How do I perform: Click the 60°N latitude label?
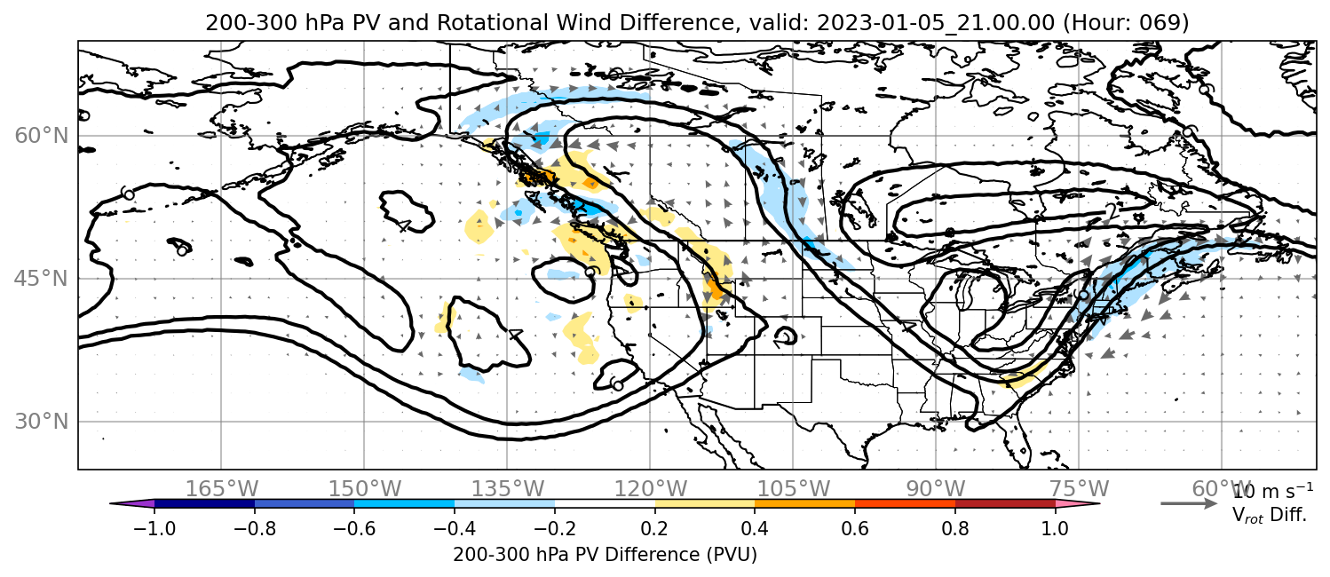pyautogui.click(x=42, y=136)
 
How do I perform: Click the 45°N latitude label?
pyautogui.click(x=42, y=279)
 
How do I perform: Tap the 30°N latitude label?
pyautogui.click(x=42, y=422)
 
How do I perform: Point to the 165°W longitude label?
pyautogui.click(x=221, y=489)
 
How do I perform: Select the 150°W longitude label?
pyautogui.click(x=365, y=489)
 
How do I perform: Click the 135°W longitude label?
pyautogui.click(x=508, y=489)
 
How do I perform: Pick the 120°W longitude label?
pyautogui.click(x=650, y=489)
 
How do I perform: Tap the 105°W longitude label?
pyautogui.click(x=793, y=489)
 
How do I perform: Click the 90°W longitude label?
pyautogui.click(x=936, y=489)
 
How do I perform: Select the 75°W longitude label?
pyautogui.click(x=1079, y=489)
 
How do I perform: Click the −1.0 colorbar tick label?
pyautogui.click(x=154, y=528)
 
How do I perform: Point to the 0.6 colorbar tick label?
pyautogui.click(x=855, y=528)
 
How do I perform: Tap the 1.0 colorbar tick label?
pyautogui.click(x=1055, y=528)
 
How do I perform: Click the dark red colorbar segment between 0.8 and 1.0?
pyautogui.click(x=1005, y=503)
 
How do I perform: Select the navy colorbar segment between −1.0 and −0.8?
pyautogui.click(x=204, y=503)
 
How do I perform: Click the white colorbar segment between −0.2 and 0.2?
pyautogui.click(x=605, y=503)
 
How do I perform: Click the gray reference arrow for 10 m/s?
pyautogui.click(x=1189, y=503)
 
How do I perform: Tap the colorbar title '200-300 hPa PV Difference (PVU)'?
pyautogui.click(x=605, y=555)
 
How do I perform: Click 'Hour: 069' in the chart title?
pyautogui.click(x=1126, y=23)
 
